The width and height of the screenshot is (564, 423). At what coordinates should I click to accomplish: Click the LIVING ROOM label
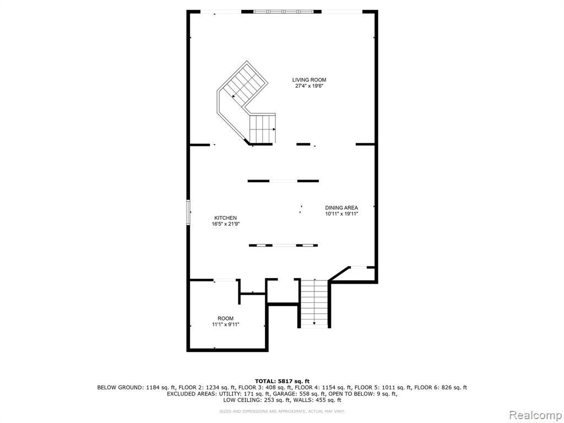(309, 80)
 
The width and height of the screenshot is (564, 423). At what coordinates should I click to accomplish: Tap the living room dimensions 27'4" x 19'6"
(309, 86)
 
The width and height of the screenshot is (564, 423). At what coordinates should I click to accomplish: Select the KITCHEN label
(225, 218)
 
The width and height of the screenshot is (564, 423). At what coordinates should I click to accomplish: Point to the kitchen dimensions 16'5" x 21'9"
(225, 224)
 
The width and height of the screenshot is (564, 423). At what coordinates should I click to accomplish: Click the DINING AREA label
(341, 208)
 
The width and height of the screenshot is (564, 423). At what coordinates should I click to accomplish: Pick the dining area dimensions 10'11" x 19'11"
(341, 214)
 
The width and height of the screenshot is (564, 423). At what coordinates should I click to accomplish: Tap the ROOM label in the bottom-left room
(225, 318)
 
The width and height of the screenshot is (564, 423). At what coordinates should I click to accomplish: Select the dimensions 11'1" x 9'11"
(225, 324)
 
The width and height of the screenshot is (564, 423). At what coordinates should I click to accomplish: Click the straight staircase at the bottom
(314, 303)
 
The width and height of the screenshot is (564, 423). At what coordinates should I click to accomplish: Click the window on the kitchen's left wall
(188, 213)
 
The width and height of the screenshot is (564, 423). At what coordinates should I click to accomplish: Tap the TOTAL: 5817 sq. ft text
(282, 381)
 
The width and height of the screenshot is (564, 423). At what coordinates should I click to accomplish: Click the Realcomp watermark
(535, 415)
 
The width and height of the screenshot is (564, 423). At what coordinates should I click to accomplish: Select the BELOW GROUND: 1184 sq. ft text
(137, 387)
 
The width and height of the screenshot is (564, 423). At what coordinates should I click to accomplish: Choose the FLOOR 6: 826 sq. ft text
(441, 387)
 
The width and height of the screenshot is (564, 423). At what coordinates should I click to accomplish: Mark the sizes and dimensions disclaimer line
(282, 411)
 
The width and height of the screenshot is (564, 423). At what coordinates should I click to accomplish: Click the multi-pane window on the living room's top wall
(284, 12)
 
